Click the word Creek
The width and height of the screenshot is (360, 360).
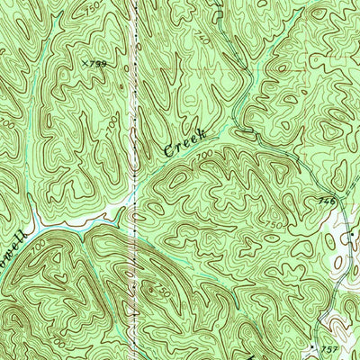185,139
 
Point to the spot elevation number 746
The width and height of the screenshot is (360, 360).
326,202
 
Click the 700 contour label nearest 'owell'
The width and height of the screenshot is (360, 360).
40,242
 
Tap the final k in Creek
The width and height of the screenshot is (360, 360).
203,131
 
